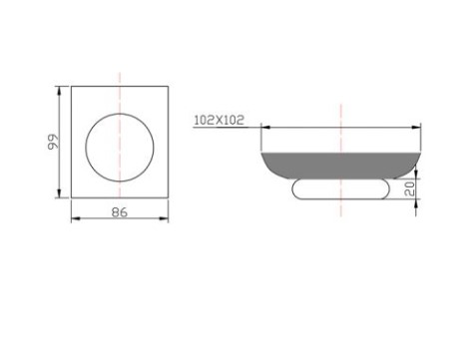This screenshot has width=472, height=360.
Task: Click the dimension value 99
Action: [53, 142]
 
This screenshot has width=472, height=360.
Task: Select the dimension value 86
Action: [120, 212]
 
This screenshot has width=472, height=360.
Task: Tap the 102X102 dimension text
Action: [219, 120]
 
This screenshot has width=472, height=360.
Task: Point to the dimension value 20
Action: [411, 188]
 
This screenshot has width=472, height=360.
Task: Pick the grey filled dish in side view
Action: [340, 166]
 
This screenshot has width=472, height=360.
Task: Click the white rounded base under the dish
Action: [340, 189]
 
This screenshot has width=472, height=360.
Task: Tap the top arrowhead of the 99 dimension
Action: [60, 91]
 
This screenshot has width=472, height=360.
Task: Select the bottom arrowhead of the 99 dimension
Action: [60, 193]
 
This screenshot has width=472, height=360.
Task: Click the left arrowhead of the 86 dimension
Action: [76, 218]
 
